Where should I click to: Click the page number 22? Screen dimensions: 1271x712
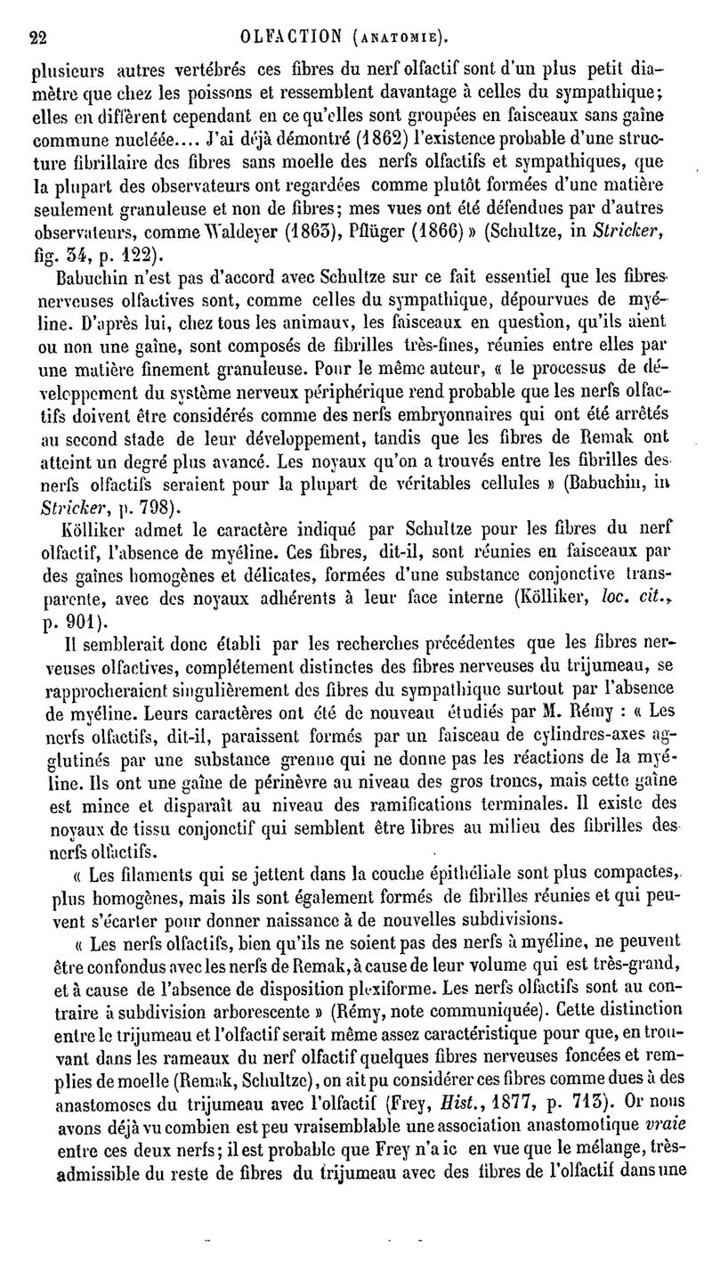click(x=37, y=37)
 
